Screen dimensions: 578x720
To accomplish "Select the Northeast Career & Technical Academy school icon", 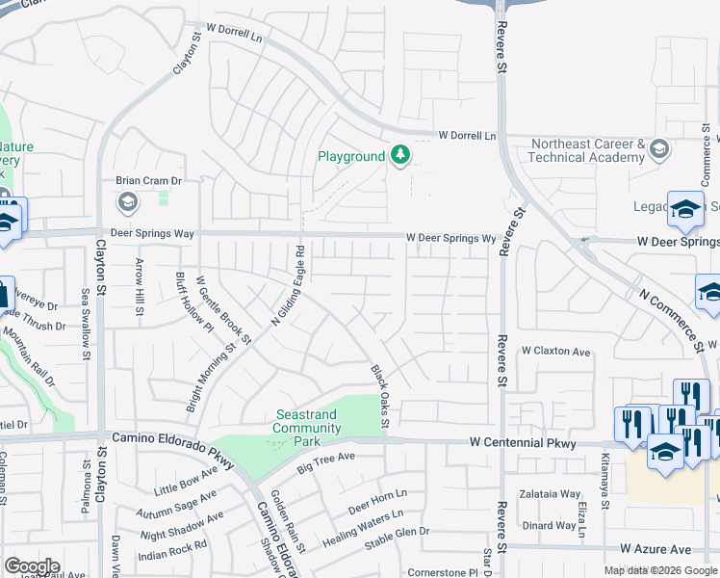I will pos(659,149).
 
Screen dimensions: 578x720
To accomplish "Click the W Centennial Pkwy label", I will pos(523,443).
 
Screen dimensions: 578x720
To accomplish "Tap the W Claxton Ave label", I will pos(555,352).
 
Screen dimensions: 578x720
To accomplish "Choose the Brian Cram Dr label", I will pos(149,180).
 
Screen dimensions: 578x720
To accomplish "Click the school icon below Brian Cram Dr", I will pos(127,202).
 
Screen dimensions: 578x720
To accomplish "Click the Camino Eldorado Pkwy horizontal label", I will pos(172,437).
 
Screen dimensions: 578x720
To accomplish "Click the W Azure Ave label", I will pos(656,548).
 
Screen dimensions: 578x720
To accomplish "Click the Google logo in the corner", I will pos(32,566).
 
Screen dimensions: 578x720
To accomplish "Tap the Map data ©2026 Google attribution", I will pos(660,570).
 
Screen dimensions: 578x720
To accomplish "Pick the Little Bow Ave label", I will pos(185,481).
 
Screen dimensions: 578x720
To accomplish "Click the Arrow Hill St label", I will pos(139,288).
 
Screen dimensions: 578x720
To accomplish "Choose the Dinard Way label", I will pos(550,526).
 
